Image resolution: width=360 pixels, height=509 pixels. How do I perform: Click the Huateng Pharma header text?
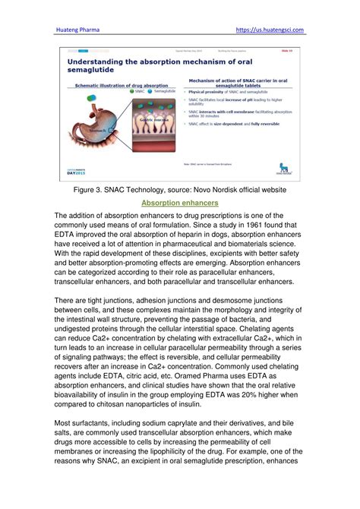point(79,30)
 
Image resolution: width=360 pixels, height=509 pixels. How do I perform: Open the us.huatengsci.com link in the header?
point(270,30)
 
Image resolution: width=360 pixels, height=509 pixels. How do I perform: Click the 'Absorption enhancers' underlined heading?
point(179,204)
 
